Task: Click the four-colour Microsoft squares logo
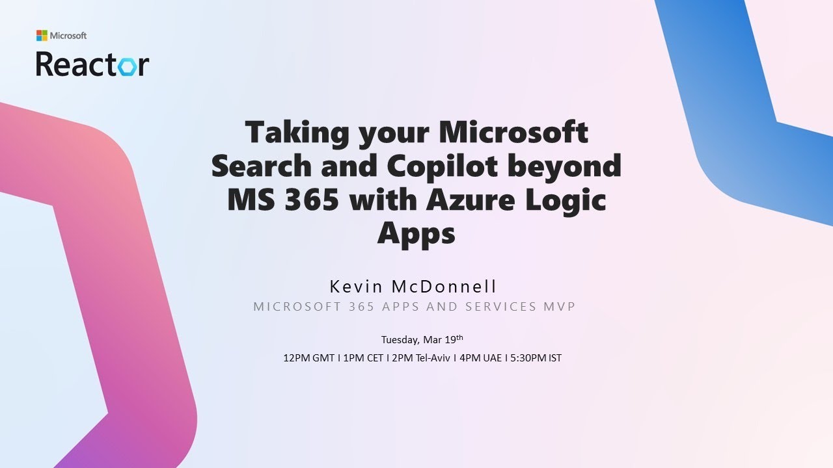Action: pos(42,35)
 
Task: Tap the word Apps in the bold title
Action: pos(416,233)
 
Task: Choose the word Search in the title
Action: pos(262,166)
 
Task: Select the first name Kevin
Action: pos(356,287)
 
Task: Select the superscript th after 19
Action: pos(459,337)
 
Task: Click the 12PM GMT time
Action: pos(308,357)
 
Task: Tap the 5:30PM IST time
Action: pos(536,357)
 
